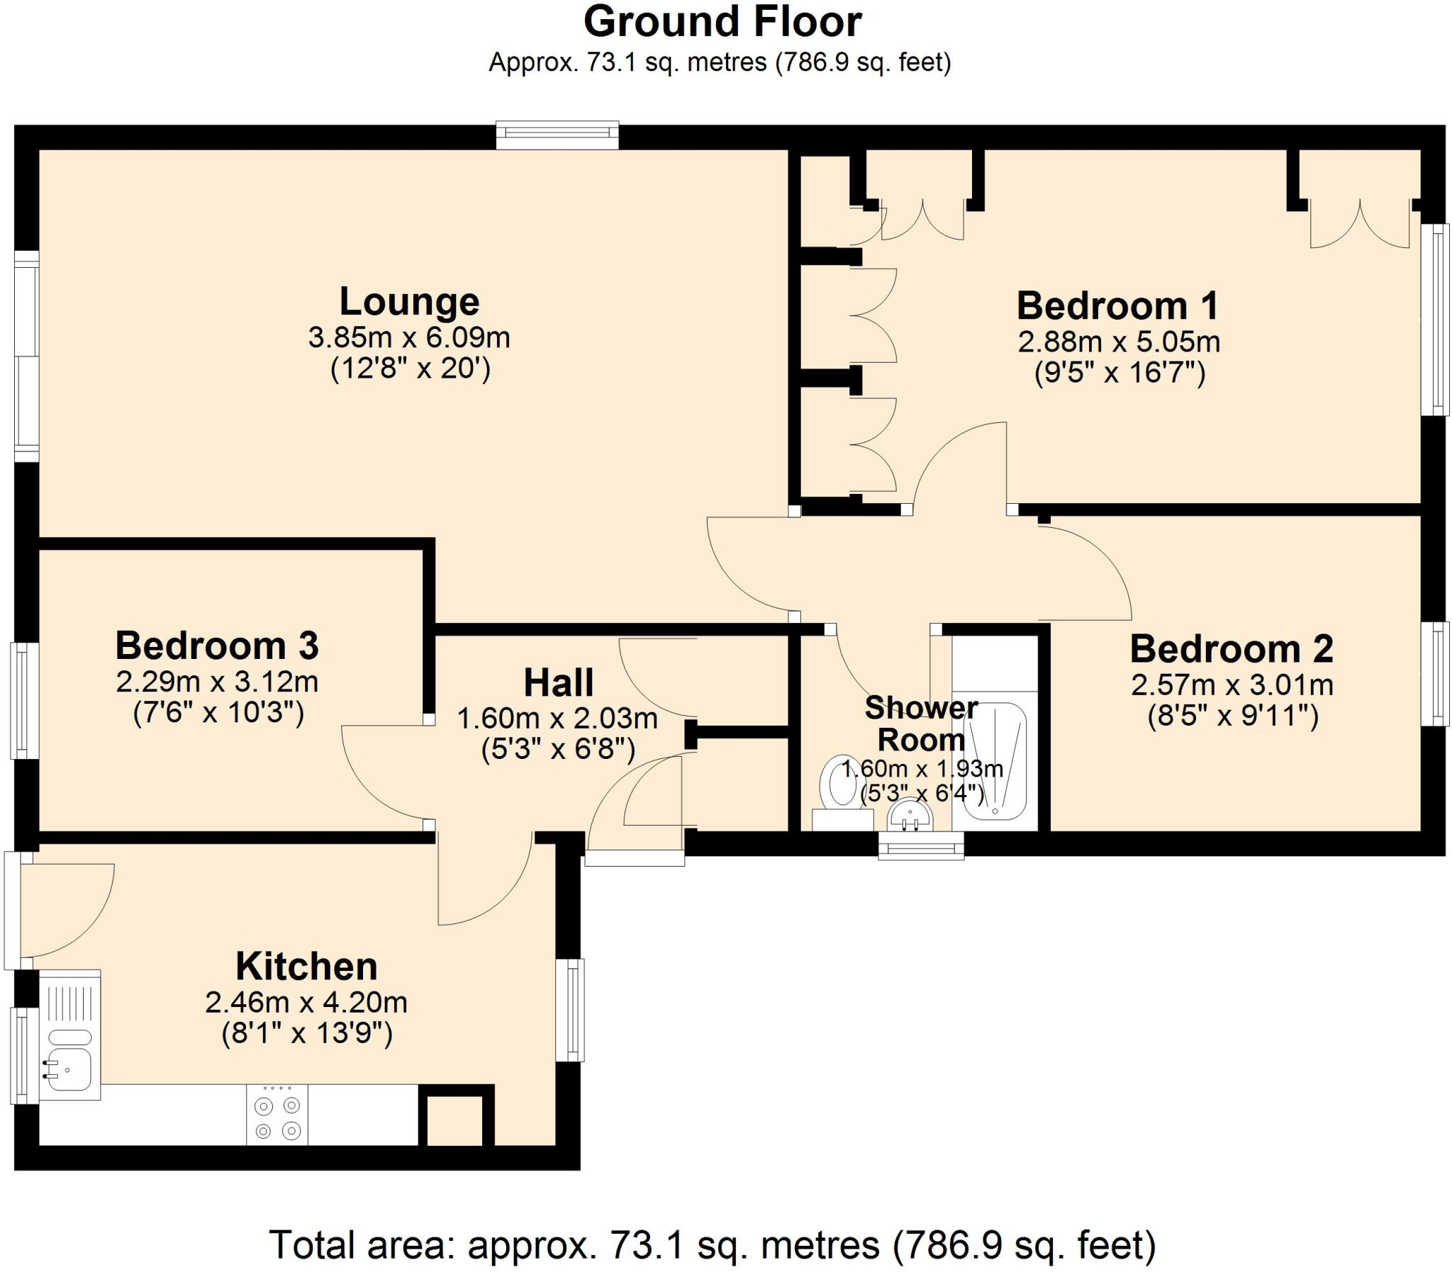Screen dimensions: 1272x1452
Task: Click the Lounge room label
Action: (x=409, y=302)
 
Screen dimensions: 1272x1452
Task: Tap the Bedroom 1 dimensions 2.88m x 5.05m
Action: (x=1118, y=342)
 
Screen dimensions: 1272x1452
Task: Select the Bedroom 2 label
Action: (x=1232, y=649)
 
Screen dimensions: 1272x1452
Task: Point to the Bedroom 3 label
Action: (x=217, y=646)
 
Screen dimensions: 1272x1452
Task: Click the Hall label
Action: (x=558, y=683)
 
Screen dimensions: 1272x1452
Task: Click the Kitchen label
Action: (x=306, y=967)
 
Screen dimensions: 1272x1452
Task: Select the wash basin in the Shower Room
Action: (x=910, y=815)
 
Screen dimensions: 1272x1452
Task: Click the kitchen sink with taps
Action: (x=68, y=1070)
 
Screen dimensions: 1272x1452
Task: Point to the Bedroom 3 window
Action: (x=23, y=701)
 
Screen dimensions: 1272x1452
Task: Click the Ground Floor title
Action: (x=722, y=23)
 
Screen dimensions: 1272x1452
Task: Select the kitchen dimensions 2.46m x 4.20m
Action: (x=306, y=1003)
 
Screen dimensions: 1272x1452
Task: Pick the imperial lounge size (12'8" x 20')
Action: (x=411, y=369)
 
